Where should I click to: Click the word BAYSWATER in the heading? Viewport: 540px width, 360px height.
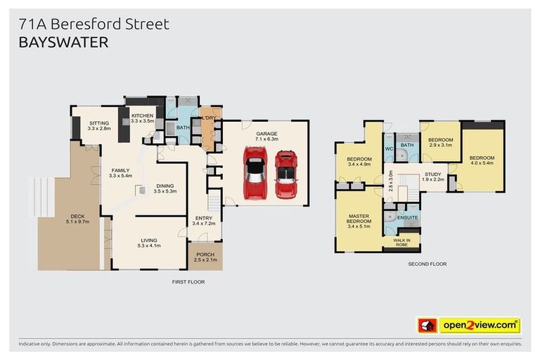click(x=63, y=43)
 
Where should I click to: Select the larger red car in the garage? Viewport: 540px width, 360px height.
click(x=254, y=172)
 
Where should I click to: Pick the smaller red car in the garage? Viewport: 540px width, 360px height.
click(x=285, y=173)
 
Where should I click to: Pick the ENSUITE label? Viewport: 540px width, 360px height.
click(x=408, y=217)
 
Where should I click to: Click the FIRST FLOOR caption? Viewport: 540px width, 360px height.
click(x=188, y=281)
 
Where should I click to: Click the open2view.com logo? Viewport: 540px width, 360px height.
click(x=479, y=325)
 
